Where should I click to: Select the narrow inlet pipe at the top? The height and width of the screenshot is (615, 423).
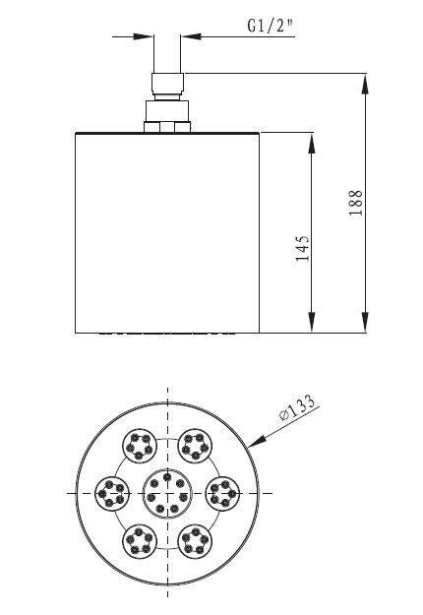click(166, 59)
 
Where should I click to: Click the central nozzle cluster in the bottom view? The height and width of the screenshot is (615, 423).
click(167, 492)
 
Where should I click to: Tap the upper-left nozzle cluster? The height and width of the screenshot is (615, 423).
click(139, 447)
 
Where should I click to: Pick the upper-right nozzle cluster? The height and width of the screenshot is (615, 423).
click(196, 447)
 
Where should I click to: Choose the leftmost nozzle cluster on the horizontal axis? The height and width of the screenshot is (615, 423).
click(112, 492)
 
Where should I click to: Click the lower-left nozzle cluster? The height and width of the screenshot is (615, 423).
click(139, 538)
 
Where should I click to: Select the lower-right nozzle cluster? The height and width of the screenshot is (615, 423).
click(196, 538)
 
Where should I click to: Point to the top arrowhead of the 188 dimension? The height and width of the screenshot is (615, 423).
click(365, 80)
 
